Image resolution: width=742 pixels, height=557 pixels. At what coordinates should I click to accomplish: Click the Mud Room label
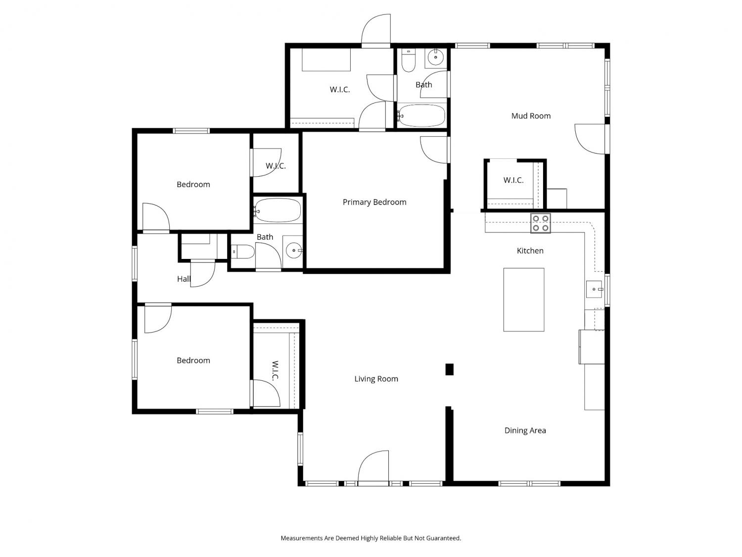click(531, 116)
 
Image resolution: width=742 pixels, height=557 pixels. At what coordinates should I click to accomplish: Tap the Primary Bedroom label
click(374, 202)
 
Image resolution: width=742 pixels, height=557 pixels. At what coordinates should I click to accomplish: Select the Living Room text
click(376, 379)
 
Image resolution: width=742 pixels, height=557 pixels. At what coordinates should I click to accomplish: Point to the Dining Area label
click(525, 431)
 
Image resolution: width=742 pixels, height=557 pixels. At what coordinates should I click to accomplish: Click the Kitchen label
click(530, 251)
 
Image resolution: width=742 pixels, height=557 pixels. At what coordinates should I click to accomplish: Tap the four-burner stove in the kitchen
click(541, 223)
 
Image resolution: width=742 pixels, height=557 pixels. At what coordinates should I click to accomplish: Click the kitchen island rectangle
click(524, 300)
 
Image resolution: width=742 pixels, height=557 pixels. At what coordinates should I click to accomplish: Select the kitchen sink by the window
click(594, 289)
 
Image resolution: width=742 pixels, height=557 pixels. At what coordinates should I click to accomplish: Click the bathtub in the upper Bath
click(421, 116)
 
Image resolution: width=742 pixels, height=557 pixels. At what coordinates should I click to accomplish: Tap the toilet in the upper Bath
click(409, 60)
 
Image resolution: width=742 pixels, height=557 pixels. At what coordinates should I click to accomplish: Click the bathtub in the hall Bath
click(277, 210)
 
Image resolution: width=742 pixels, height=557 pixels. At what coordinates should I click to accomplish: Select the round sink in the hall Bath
click(294, 250)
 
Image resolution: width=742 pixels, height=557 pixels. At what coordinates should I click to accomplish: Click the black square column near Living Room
click(449, 369)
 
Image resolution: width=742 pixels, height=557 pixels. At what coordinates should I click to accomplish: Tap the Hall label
click(184, 279)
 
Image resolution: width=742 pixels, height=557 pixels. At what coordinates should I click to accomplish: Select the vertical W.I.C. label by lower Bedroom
click(275, 371)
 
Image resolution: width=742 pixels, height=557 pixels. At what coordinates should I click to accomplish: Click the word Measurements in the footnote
click(302, 538)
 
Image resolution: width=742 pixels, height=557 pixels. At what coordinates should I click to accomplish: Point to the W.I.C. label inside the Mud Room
click(513, 180)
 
